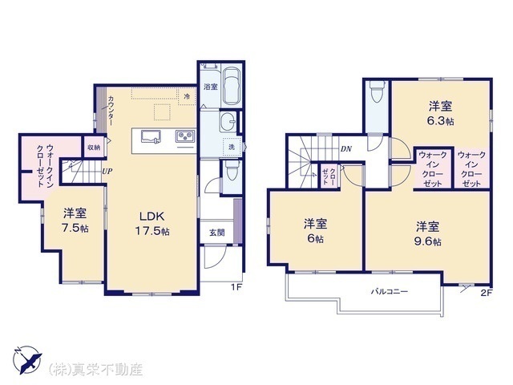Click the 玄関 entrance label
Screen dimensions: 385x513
(x=216, y=233)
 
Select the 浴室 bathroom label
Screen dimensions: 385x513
(x=211, y=86)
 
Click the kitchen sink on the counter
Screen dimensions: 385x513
(x=152, y=136)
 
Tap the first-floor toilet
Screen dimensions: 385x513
(x=232, y=170)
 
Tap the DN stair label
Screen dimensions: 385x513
(x=345, y=148)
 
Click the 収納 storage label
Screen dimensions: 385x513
(x=95, y=147)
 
